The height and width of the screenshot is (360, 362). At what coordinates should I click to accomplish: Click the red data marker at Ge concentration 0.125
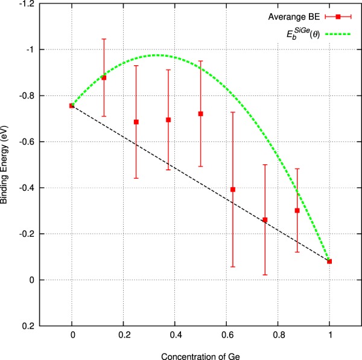pos(104,77)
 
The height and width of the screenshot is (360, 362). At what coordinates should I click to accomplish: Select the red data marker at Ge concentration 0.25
pos(136,122)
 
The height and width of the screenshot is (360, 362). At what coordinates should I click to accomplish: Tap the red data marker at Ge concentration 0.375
pos(168,120)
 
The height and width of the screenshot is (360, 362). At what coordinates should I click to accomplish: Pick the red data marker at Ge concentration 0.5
pos(201,114)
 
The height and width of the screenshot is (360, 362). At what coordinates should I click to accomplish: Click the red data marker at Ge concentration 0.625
pos(233,190)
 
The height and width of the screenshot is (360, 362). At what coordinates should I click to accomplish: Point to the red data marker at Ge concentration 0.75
pos(265,220)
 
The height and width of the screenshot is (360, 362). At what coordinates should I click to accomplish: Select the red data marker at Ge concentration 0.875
pos(297,210)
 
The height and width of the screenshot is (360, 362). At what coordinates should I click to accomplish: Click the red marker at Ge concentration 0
pos(72,106)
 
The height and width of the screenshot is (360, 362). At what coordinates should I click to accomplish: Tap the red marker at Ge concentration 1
pos(329,262)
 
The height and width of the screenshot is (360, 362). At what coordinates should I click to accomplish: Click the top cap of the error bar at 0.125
pos(104,39)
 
